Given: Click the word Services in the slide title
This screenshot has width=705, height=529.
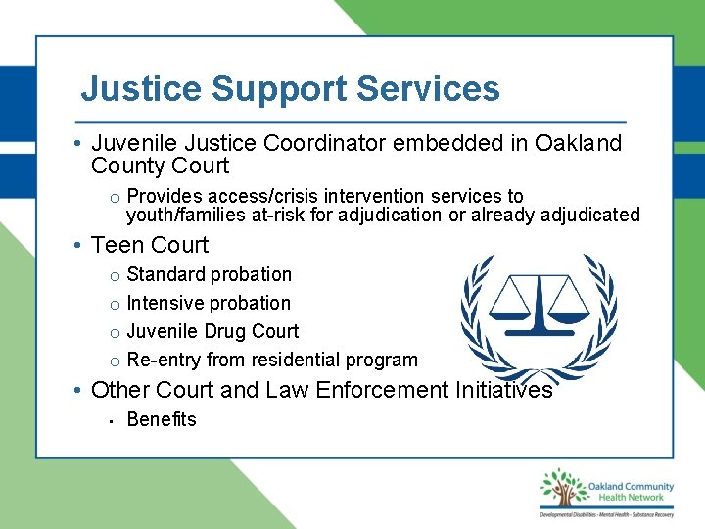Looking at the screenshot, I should pos(428,89).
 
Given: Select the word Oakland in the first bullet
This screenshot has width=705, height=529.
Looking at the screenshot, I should pos(578,144).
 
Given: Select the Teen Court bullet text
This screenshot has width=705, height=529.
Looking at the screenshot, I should pos(150,245).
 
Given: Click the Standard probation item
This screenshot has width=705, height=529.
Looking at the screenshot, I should pos(209,274).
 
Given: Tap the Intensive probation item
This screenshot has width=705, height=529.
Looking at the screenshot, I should pos(209,303).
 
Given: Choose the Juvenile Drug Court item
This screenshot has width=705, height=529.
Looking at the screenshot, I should pos(212,331).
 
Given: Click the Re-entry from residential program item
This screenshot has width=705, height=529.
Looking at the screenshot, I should pos(272,360).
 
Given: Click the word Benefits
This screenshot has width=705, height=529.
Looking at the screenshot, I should pos(162,419).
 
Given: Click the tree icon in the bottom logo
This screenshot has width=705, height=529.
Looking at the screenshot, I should pos(561,490).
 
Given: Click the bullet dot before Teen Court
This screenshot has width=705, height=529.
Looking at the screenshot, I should pos(76,246).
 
